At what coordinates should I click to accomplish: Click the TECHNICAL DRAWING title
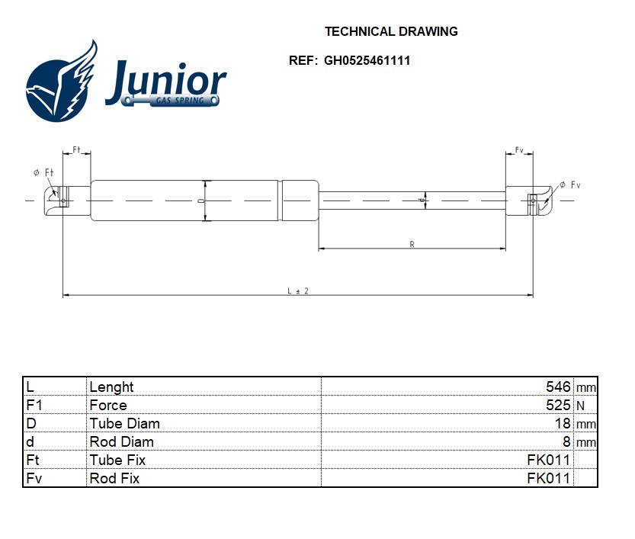click(x=391, y=31)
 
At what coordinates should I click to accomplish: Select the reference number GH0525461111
click(x=367, y=61)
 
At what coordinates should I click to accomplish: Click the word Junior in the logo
click(x=166, y=81)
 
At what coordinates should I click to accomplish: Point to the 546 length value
click(x=558, y=387)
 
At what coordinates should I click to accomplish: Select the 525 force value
click(x=558, y=405)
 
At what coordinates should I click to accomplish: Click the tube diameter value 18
click(x=563, y=424)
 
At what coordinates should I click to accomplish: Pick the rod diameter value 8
click(x=566, y=442)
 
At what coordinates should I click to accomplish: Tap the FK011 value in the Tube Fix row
click(x=548, y=460)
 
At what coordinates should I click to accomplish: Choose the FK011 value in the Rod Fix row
click(x=548, y=478)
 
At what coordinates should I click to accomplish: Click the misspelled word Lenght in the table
click(x=111, y=387)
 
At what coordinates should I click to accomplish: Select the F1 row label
click(x=34, y=405)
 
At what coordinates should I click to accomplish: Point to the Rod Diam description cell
click(x=121, y=442)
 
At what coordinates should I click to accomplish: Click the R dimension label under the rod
click(x=412, y=244)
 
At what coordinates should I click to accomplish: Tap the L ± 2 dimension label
click(x=298, y=291)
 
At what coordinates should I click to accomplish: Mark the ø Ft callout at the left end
click(x=43, y=173)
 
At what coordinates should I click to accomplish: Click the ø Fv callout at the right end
click(x=570, y=185)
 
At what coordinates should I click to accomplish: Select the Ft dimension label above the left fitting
click(x=76, y=149)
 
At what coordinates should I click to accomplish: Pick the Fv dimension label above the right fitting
click(x=519, y=150)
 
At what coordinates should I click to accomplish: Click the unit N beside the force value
click(x=580, y=406)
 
